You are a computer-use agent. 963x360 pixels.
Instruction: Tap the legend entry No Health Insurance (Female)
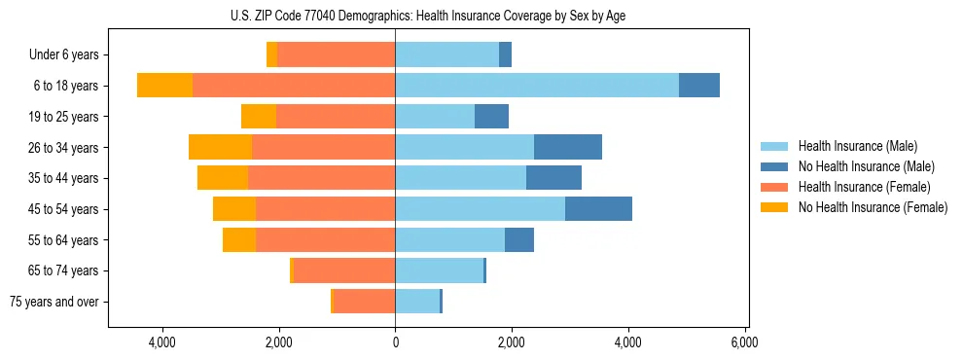(x=873, y=207)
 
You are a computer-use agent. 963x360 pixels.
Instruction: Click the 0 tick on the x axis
(x=395, y=342)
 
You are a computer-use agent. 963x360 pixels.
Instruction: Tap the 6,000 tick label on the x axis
(x=744, y=342)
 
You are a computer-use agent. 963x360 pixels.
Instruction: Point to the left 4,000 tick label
(x=161, y=342)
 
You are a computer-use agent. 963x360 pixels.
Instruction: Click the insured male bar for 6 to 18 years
(x=537, y=86)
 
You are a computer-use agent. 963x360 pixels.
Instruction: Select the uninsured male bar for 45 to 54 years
(x=598, y=209)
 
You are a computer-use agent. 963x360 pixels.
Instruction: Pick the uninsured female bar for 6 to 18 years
(x=164, y=86)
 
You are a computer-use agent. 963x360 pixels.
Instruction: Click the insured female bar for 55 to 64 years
(x=325, y=240)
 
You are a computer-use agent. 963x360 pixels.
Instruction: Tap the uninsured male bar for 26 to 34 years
(x=568, y=148)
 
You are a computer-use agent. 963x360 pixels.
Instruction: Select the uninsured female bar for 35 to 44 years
(x=223, y=178)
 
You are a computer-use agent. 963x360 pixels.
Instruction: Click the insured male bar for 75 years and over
(x=417, y=302)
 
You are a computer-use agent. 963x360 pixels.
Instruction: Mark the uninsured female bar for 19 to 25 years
(x=259, y=117)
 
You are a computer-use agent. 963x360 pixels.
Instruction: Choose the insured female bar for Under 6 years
(x=336, y=55)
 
